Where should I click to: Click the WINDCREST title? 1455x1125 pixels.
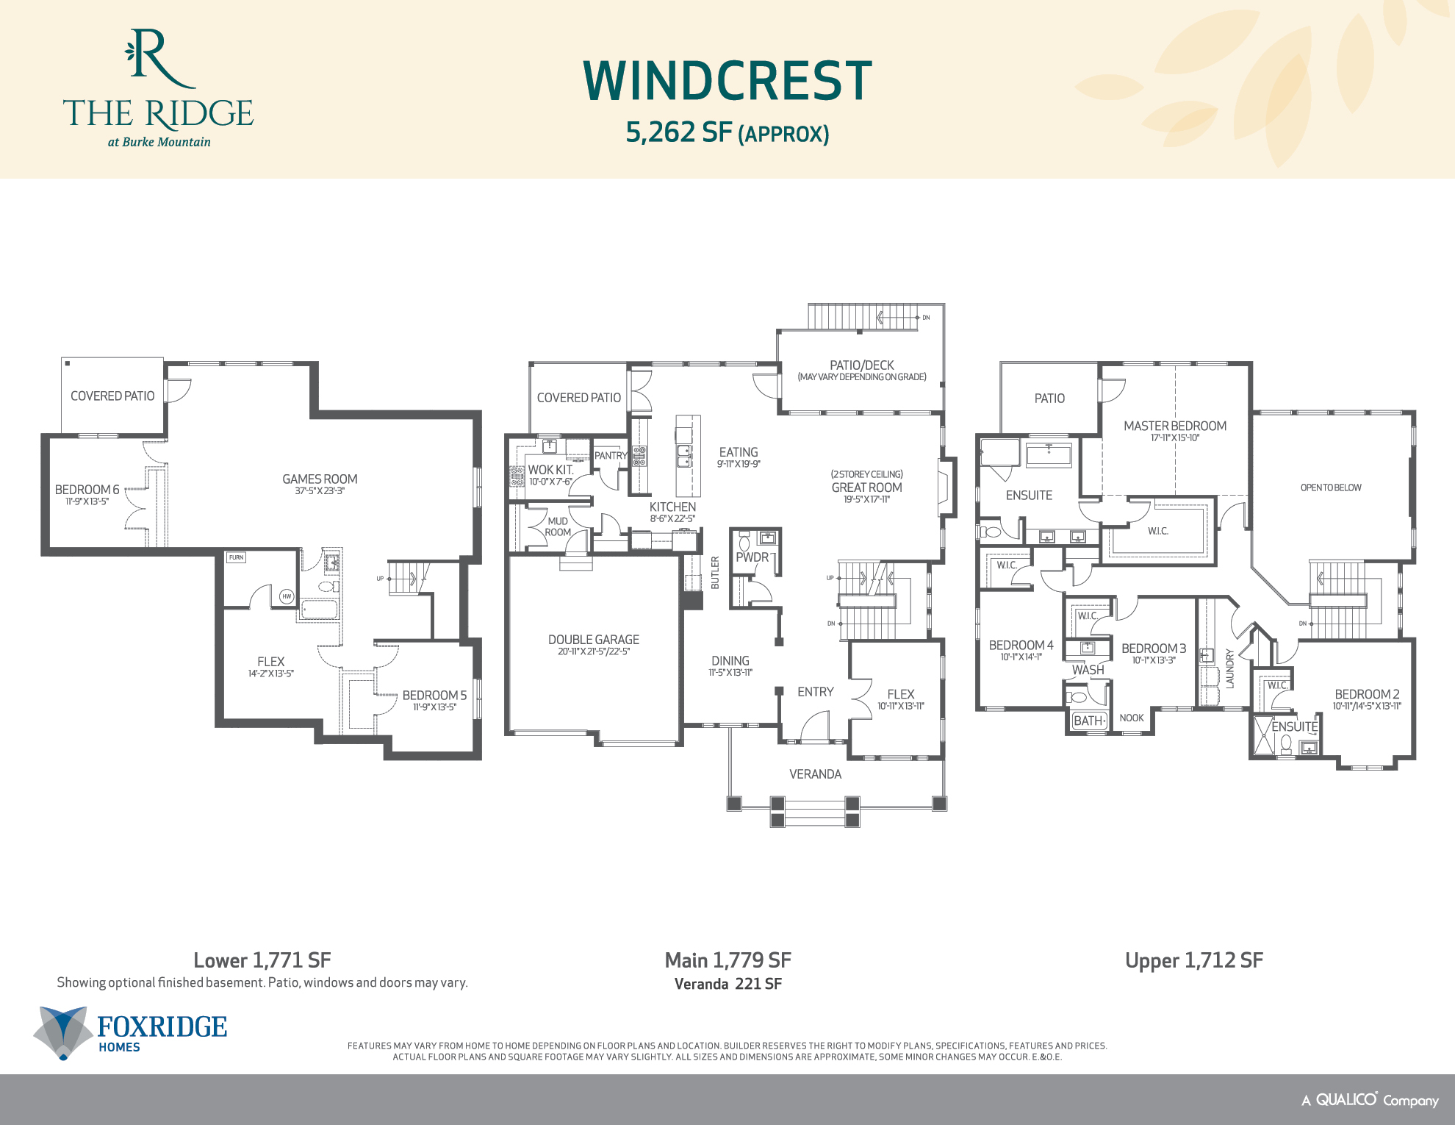coord(727,81)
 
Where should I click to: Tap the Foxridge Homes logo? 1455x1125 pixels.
coord(131,1032)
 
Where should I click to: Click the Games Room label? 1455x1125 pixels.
coord(320,479)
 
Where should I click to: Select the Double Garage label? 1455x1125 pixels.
coord(593,640)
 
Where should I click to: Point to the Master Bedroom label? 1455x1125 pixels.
coord(1174,426)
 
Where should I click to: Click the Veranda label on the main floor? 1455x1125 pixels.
coord(815,774)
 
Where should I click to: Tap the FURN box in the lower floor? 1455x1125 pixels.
coord(236,557)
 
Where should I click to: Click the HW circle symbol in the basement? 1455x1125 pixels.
coord(287,596)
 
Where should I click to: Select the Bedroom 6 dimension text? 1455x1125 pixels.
coord(87,501)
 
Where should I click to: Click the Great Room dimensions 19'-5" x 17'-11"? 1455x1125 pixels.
coord(866,499)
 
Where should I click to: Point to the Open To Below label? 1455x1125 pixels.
coord(1330,488)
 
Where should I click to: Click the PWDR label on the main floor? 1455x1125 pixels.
coord(752,557)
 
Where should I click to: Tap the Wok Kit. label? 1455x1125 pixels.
coord(550,470)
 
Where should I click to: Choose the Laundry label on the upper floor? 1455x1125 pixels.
coord(1229,668)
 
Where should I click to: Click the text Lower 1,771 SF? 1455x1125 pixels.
coord(262,960)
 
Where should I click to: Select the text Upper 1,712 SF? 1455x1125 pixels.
coord(1193,960)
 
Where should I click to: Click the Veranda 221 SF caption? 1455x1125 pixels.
coord(727,984)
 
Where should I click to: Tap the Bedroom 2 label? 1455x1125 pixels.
coord(1366,694)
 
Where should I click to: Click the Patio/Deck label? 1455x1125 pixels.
coord(861,365)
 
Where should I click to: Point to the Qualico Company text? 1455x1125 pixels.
coord(1370,1100)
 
